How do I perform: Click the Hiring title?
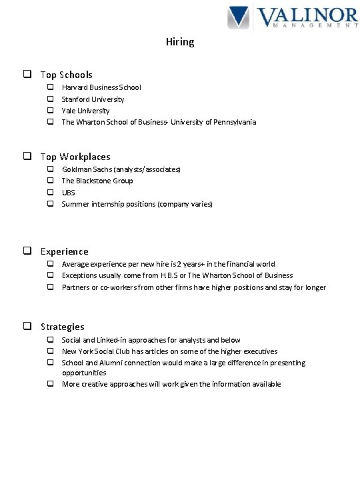180,42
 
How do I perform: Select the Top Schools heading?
66,75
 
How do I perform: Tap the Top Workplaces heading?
75,157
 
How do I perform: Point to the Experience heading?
64,251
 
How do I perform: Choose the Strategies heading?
62,327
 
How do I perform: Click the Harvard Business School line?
101,87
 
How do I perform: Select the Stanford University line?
93,99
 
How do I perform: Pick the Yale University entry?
85,111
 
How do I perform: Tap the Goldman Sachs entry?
121,169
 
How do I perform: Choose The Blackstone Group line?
97,181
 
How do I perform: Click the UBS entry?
69,192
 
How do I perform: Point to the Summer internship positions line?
137,204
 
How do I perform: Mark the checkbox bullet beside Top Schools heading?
29,75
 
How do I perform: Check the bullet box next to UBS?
49,192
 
